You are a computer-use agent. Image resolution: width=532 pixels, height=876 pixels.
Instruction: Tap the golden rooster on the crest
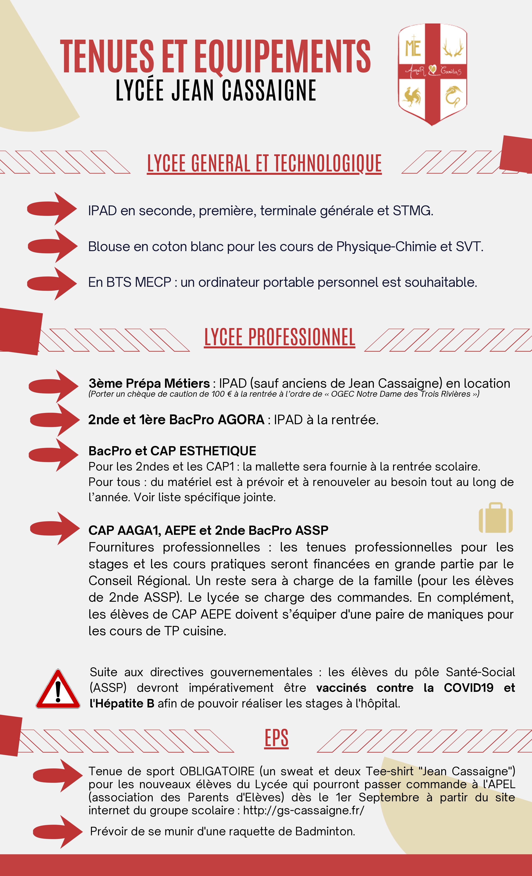pos(412,96)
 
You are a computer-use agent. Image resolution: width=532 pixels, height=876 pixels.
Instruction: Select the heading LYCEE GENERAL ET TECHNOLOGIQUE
pos(264,164)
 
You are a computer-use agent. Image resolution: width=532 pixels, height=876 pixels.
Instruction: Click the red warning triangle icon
pos(58,690)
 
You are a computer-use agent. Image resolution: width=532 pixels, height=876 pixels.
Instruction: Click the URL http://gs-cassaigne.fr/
pos(304,810)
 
